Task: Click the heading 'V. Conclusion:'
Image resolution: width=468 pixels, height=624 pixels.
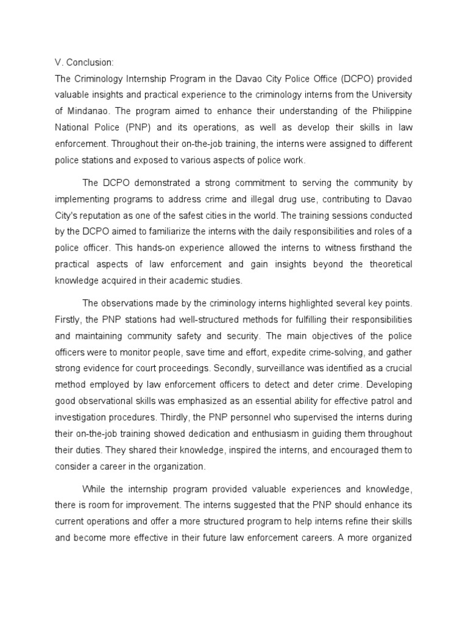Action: coord(84,62)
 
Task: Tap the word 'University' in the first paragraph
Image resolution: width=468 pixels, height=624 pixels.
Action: coord(389,94)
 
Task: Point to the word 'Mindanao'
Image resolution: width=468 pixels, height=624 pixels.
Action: coord(87,110)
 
